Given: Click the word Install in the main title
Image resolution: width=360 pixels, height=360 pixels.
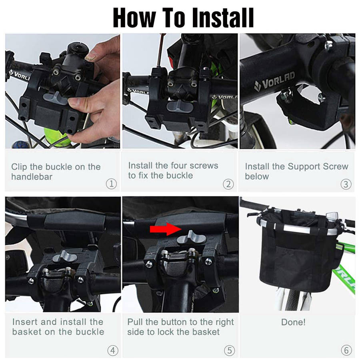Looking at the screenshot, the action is (223, 18).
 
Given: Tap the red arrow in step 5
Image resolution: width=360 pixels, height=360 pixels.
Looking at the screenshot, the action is (166, 229).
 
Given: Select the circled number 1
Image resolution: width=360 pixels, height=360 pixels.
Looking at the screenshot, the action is (111, 184).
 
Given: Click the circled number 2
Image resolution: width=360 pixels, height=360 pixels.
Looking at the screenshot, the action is (228, 184).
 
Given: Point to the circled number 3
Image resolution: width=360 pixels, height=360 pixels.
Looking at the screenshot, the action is (346, 184).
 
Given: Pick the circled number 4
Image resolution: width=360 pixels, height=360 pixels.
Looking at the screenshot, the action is (113, 350).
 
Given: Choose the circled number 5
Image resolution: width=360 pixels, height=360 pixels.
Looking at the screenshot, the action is (229, 350).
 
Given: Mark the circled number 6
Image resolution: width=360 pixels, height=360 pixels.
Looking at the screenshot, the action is (346, 350).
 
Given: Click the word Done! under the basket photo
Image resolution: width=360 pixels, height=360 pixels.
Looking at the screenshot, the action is (294, 322).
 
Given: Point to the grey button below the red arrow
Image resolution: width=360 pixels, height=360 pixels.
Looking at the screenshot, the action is (191, 238).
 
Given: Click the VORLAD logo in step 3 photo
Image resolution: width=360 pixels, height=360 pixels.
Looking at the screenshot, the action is (274, 81).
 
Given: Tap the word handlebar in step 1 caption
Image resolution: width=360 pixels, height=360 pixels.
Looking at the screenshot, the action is (32, 177).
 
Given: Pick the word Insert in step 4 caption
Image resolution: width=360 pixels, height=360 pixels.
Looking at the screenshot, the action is (25, 322).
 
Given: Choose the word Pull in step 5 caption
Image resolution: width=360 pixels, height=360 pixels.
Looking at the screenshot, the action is (135, 322).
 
